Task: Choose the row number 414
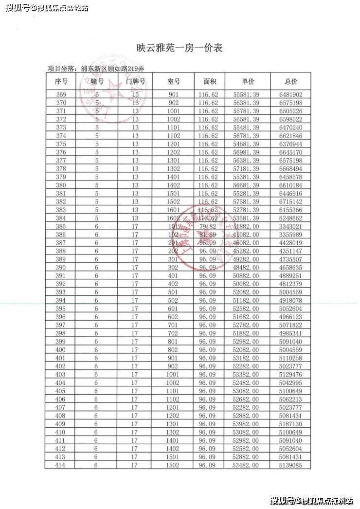pyautogui.click(x=61, y=466)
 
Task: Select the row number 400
pyautogui.click(x=61, y=350)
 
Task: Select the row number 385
pyautogui.click(x=61, y=226)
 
